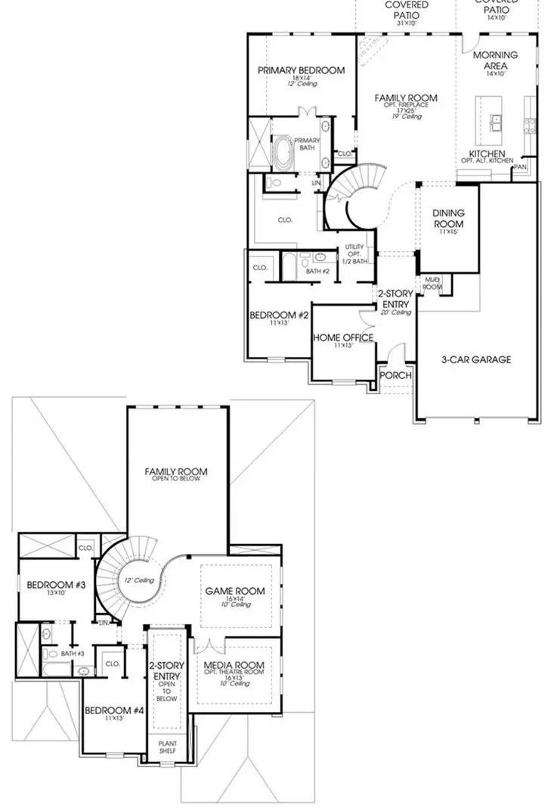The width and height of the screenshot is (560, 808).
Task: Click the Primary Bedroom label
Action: [x=301, y=70]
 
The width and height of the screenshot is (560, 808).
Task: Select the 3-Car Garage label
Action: [x=475, y=359]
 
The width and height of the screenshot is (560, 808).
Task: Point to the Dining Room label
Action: [x=448, y=219]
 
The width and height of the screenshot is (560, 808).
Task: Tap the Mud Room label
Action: [x=432, y=283]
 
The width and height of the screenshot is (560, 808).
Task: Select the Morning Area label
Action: [x=495, y=61]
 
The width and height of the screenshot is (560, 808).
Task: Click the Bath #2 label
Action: [x=317, y=270]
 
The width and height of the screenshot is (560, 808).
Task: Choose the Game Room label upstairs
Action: [x=235, y=591]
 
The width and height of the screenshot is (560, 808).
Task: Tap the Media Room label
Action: [x=234, y=667]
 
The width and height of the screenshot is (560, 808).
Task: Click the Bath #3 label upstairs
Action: [x=73, y=653]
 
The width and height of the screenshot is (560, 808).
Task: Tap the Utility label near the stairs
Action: [x=355, y=247]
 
